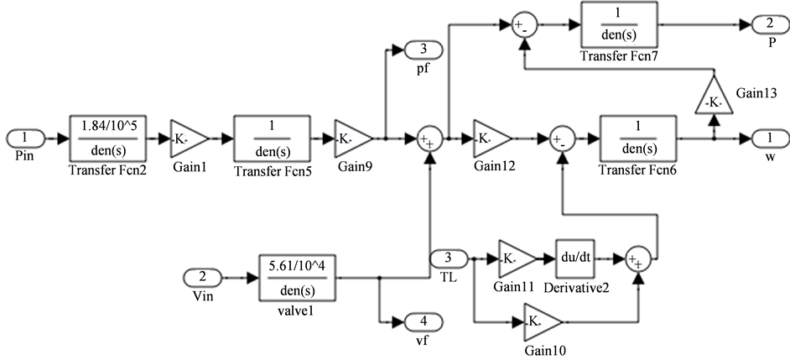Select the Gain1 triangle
187,136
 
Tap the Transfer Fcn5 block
273,136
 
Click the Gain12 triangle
490,136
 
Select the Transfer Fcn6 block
637,136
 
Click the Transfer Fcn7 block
617,25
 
